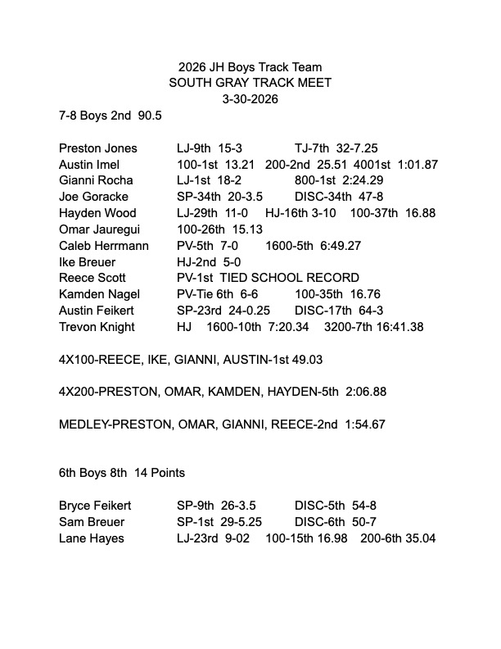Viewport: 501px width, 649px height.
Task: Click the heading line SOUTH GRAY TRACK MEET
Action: (x=250, y=83)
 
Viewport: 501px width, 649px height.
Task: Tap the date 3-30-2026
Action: (x=250, y=99)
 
